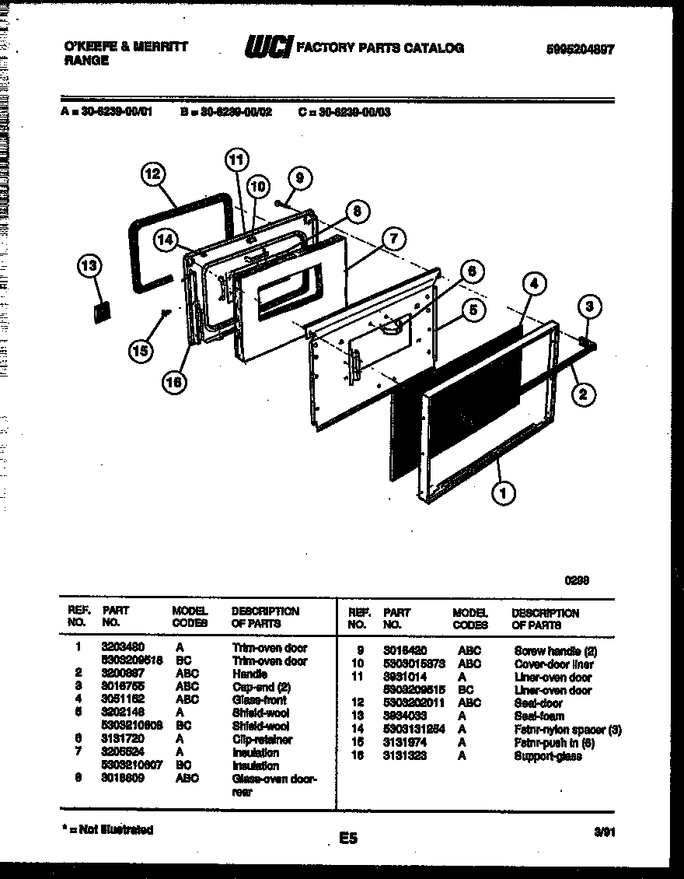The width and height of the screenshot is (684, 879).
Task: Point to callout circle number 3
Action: tap(589, 307)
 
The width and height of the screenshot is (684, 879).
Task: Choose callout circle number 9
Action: tap(299, 178)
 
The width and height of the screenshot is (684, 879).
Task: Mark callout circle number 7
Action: tap(394, 239)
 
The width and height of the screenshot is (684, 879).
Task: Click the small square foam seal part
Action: tap(101, 310)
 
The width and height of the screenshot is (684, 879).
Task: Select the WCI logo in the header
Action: tap(268, 48)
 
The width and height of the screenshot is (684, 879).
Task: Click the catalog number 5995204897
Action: tap(579, 48)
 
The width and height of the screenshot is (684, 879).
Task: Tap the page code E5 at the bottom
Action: tap(347, 838)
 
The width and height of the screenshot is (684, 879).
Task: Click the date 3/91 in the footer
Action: tap(604, 831)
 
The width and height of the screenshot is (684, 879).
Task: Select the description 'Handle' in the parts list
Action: tap(250, 674)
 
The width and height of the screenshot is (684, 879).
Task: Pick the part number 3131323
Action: tap(404, 755)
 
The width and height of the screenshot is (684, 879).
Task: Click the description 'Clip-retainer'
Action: tap(262, 740)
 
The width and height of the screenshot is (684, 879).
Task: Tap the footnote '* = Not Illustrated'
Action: tap(107, 830)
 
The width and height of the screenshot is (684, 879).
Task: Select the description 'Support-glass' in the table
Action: tap(547, 755)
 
